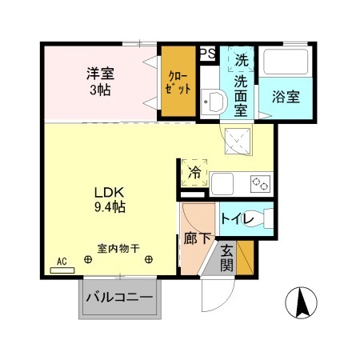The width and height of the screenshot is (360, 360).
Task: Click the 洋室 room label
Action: click(x=100, y=74)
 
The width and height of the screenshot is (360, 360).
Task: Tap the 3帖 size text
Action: click(x=100, y=90)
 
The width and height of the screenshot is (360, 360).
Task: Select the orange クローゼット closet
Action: click(x=178, y=83)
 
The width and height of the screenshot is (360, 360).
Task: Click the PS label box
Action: click(x=206, y=54)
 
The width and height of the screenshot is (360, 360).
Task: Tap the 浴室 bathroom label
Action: click(x=286, y=97)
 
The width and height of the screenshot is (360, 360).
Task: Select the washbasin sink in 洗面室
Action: click(x=213, y=102)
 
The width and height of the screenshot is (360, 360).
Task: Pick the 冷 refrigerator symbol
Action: click(x=194, y=170)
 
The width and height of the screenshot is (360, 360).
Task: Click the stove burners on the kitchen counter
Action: click(x=260, y=183)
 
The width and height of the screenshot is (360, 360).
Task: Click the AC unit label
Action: click(x=62, y=262)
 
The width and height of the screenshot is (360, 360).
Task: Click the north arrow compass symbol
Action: click(x=302, y=302)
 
